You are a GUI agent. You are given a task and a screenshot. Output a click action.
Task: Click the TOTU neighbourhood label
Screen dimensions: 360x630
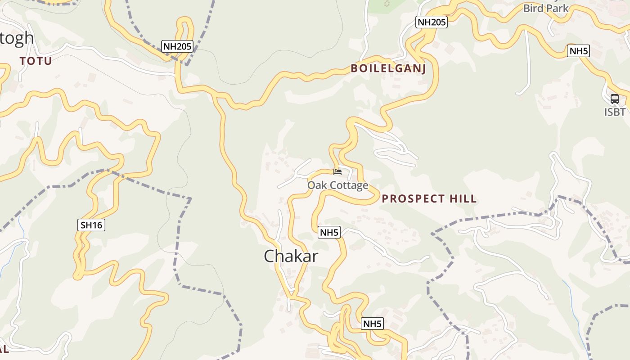point(36,61)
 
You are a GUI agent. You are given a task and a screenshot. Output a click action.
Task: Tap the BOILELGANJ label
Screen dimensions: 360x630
point(388,68)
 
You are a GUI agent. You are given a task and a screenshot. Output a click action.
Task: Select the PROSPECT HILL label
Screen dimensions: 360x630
point(429,199)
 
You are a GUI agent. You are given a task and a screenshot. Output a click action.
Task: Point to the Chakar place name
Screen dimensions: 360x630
point(291,256)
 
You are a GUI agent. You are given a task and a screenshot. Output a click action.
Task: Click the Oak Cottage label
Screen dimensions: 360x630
point(337,185)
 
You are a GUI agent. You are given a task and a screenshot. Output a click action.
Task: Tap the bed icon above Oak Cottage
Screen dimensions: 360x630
point(337,171)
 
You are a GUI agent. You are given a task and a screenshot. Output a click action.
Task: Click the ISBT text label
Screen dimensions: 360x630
point(615,111)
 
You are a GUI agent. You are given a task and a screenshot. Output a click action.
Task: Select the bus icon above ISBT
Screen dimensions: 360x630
point(614,99)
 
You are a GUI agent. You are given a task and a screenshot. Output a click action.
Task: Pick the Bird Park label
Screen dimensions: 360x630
point(545,8)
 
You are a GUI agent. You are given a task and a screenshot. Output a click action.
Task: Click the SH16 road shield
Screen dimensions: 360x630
point(91,225)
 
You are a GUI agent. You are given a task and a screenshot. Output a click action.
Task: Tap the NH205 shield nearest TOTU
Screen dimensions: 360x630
point(177,46)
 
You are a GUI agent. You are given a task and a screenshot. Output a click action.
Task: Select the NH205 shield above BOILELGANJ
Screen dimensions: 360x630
point(431,22)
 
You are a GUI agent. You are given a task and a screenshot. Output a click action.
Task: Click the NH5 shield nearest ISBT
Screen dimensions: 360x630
point(579,51)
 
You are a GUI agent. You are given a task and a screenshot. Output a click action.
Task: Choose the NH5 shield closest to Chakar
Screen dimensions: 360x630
point(329,232)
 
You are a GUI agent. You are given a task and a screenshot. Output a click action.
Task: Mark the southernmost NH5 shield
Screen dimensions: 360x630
point(373,324)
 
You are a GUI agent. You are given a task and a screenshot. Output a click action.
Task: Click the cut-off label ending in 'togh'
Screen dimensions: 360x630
point(17,38)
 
